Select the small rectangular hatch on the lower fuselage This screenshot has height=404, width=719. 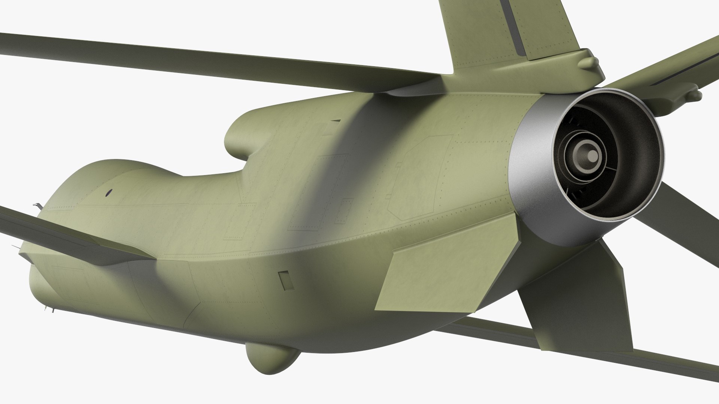pyautogui.click(x=286, y=280)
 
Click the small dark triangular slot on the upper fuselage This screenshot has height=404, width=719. pyautogui.click(x=336, y=120)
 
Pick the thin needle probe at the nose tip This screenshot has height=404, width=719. pyautogui.click(x=15, y=247)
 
